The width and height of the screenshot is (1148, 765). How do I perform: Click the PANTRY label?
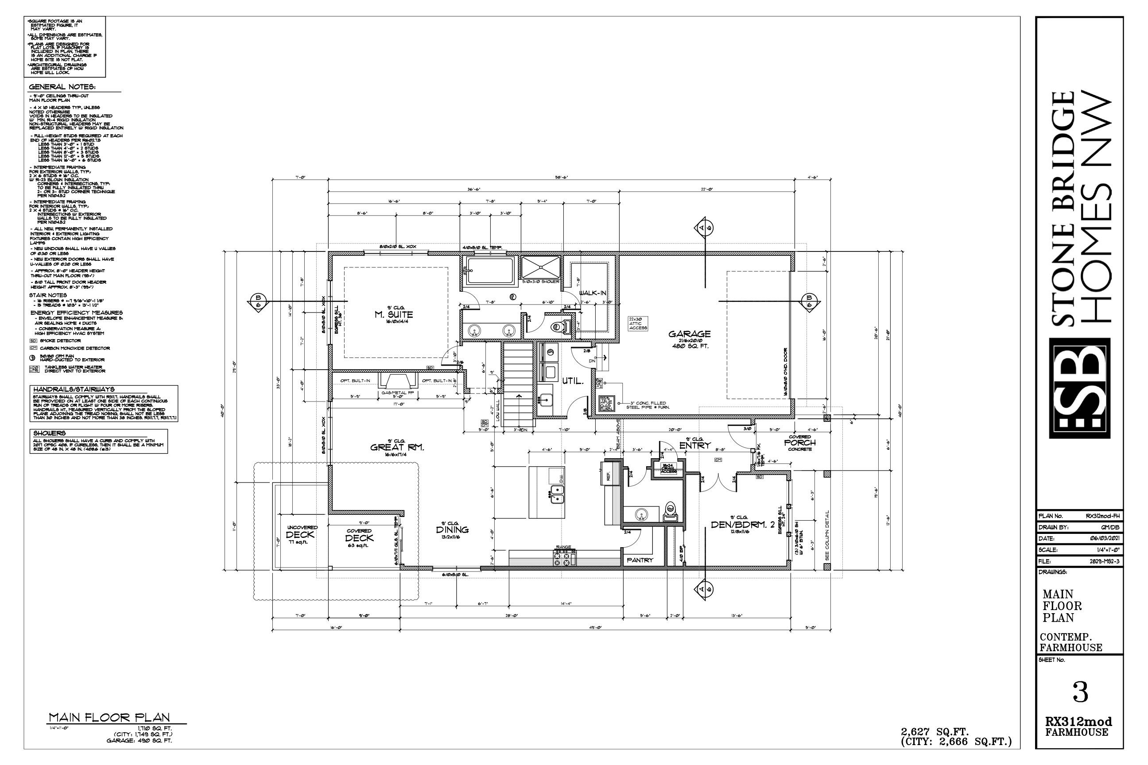point(640,560)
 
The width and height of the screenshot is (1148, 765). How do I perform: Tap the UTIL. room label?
point(573,381)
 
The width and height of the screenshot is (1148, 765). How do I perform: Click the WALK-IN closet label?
point(592,293)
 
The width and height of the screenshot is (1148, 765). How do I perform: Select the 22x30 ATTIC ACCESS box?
point(637,324)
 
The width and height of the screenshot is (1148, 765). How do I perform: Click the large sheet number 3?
point(1080,693)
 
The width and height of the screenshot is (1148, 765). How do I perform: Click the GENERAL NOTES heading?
point(62,87)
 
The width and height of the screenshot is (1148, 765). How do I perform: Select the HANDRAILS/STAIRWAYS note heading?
point(73,389)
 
